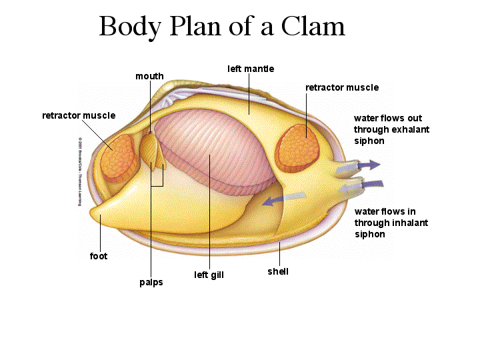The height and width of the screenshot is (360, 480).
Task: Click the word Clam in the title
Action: (313, 27)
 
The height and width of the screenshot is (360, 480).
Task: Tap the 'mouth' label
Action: (149, 76)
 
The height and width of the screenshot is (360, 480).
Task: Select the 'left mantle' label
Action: (251, 69)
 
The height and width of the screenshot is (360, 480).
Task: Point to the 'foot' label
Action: (99, 255)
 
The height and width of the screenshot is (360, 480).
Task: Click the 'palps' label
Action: (151, 282)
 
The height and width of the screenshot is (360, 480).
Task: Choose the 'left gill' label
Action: (209, 275)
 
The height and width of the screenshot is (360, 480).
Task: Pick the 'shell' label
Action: (278, 271)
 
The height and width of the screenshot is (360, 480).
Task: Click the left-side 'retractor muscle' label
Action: (79, 115)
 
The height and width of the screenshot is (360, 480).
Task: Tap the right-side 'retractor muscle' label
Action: (342, 87)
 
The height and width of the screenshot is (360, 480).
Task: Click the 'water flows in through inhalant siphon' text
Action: (391, 223)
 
